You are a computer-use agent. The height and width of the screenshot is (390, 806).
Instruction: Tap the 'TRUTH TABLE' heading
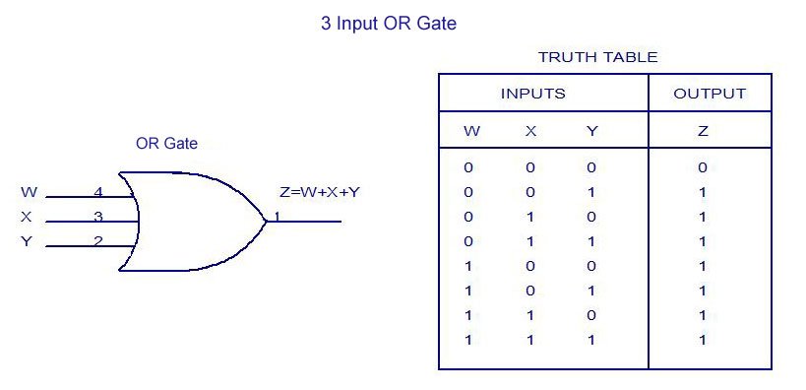coord(597,57)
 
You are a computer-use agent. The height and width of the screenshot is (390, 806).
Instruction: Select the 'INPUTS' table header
coord(533,95)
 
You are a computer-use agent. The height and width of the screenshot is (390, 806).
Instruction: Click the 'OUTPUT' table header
coord(710,95)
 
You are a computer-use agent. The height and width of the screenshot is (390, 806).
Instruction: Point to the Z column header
coord(703,131)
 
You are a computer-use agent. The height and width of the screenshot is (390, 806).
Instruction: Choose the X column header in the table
coord(530,131)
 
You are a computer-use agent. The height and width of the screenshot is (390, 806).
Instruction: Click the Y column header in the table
coord(591,131)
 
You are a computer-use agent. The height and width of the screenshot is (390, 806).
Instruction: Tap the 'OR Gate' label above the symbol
coord(166,144)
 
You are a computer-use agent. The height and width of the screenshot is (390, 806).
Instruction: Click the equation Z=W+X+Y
coord(320,192)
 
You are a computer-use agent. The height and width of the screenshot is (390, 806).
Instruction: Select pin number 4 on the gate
coord(98,191)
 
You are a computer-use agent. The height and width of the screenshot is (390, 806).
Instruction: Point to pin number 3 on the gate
coord(98,216)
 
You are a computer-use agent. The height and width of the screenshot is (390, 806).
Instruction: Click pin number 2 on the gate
coord(98,241)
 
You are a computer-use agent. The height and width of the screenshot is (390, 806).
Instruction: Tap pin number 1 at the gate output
coord(278,216)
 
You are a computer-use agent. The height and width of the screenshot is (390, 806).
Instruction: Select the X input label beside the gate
coord(27,217)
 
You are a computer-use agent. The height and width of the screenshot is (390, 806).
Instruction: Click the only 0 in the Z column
coord(703,167)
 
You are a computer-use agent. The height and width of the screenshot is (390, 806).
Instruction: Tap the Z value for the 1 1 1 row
coord(703,340)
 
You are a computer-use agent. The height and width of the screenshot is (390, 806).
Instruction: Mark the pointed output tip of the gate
coord(266,221)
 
